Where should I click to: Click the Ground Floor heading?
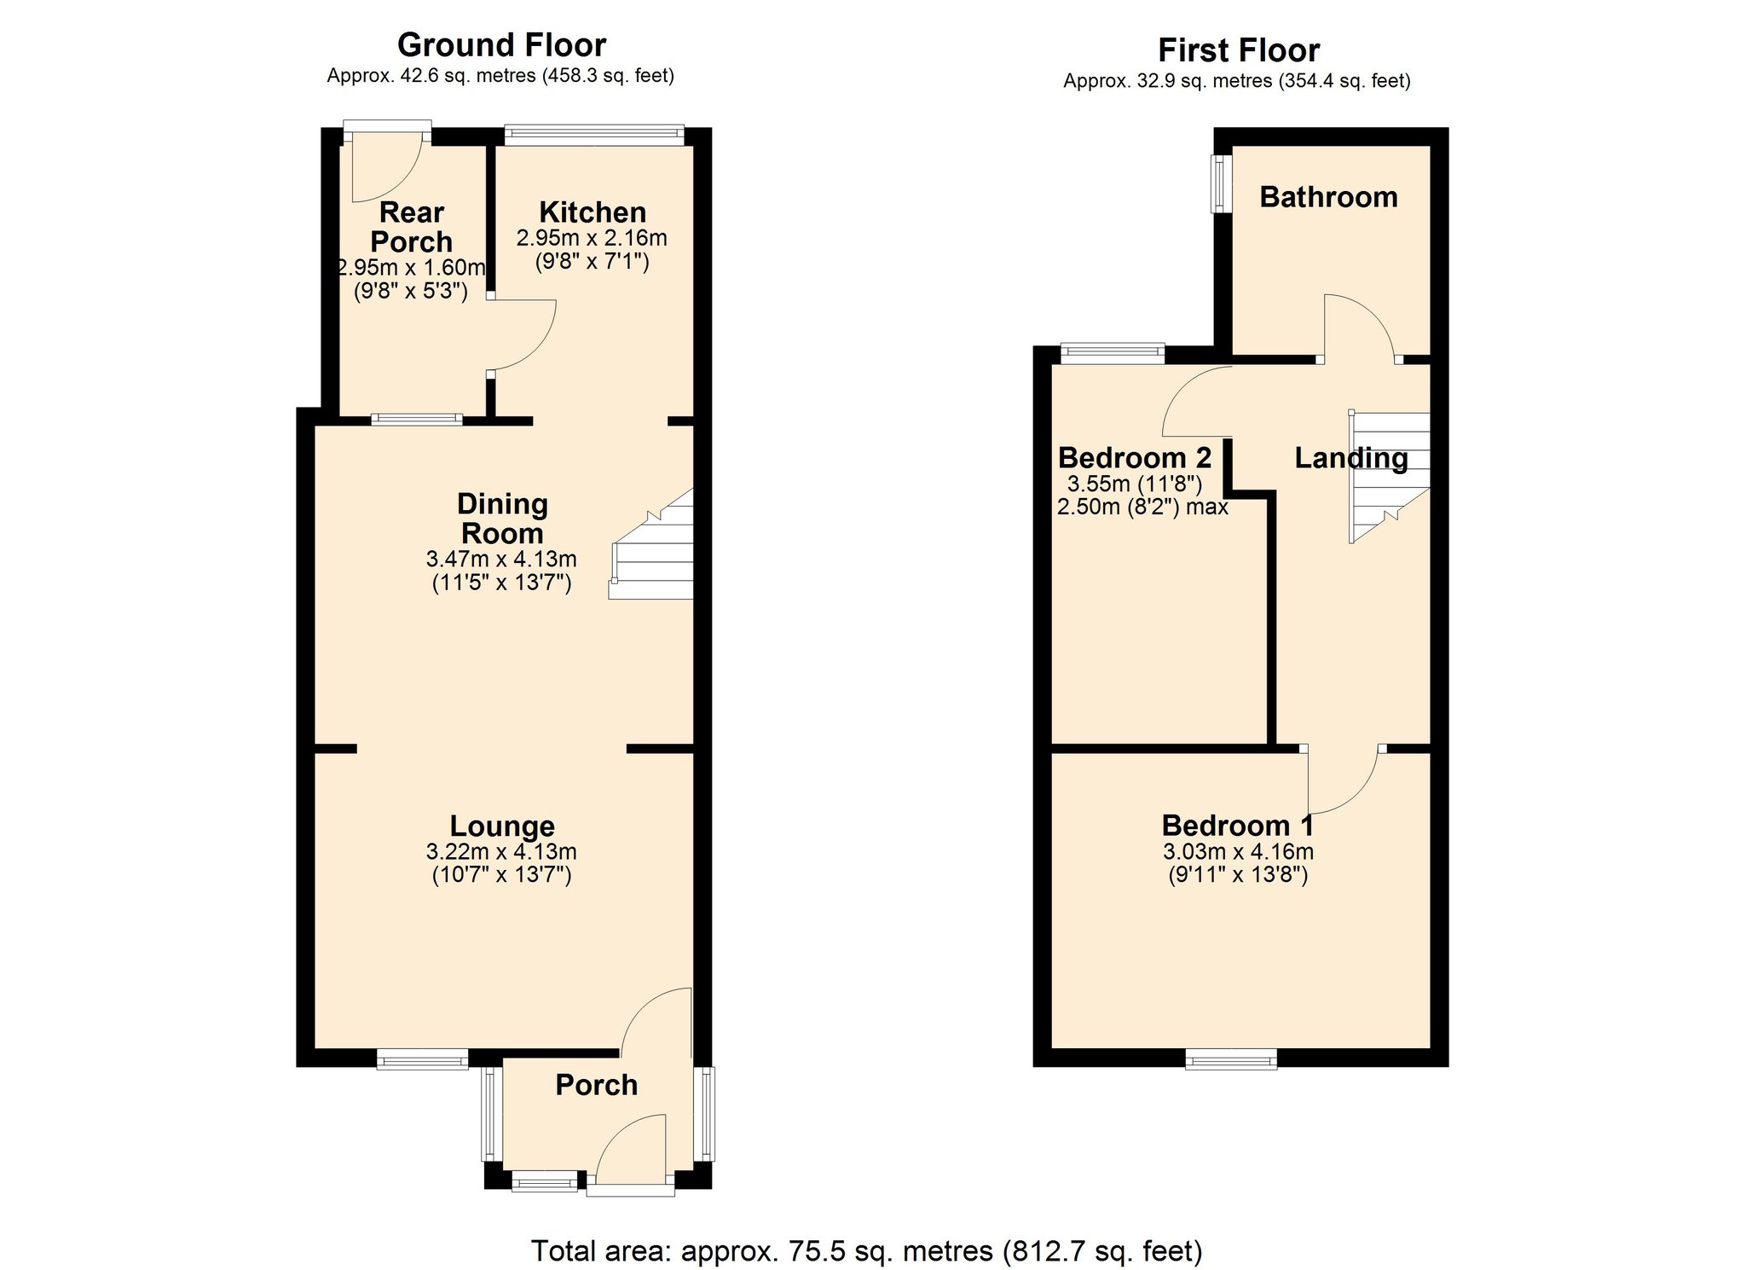[501, 45]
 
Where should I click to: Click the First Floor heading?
[1239, 51]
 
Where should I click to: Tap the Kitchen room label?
[593, 212]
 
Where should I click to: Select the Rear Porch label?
[412, 227]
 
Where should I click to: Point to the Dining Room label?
[502, 519]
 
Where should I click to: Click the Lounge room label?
[502, 826]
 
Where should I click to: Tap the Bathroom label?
[1329, 197]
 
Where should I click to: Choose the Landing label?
[1351, 458]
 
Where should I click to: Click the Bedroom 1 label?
[1238, 826]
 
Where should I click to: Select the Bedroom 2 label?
[1135, 458]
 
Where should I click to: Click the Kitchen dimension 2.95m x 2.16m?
[592, 238]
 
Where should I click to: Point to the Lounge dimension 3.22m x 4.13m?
[501, 851]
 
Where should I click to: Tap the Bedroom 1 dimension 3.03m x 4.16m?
[1238, 851]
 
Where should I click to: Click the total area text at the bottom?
[867, 1250]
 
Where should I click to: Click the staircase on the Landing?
[1389, 477]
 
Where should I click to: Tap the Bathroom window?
[1222, 183]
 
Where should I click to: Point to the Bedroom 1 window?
[1231, 1060]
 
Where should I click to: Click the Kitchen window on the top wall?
[594, 134]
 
